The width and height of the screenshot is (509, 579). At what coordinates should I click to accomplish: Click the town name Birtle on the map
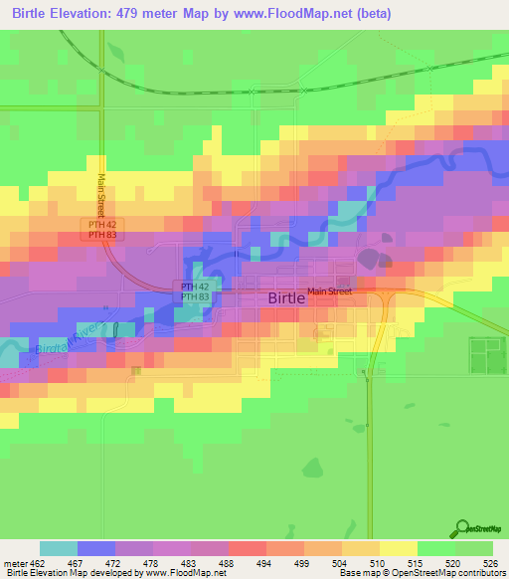[x=287, y=297]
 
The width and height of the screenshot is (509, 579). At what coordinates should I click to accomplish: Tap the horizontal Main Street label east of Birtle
[x=329, y=291]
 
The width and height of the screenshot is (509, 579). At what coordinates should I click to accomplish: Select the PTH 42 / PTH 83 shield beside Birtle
[x=195, y=291]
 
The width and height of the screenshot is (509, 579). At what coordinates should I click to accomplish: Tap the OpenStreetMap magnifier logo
[x=462, y=527]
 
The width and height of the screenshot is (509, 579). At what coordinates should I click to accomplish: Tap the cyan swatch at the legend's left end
[x=59, y=548]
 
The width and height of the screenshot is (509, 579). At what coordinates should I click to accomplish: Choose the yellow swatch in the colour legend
[x=398, y=548]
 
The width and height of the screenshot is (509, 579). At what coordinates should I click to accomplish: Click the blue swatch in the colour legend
[x=96, y=548]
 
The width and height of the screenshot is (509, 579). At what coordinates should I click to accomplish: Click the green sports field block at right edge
[x=487, y=355]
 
